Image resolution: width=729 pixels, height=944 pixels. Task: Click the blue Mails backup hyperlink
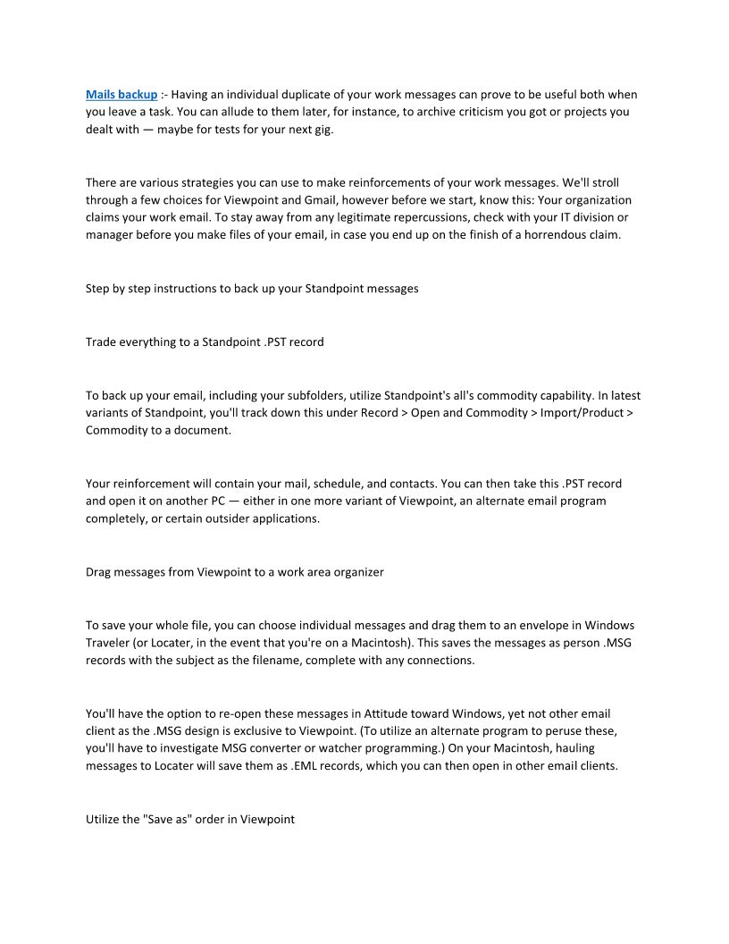pyautogui.click(x=121, y=94)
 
